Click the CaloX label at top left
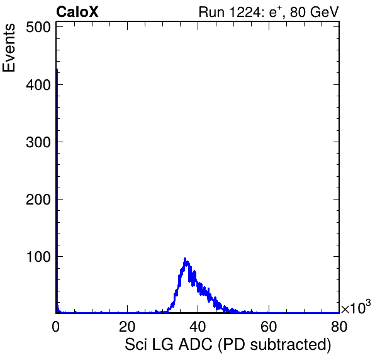[77, 12]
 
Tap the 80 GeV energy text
[315, 12]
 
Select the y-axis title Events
[9, 48]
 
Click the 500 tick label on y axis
[38, 28]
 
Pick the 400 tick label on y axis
[38, 85]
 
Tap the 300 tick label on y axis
[38, 142]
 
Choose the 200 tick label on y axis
[38, 200]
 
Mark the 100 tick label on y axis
[38, 257]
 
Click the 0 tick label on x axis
[56, 327]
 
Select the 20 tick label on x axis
[127, 327]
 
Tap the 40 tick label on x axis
[198, 327]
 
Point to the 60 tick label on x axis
[269, 327]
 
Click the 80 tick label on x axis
[339, 327]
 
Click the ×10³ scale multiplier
[356, 307]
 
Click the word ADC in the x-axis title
[196, 345]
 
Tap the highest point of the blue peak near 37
[185, 259]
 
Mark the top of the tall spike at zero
[57, 69]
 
